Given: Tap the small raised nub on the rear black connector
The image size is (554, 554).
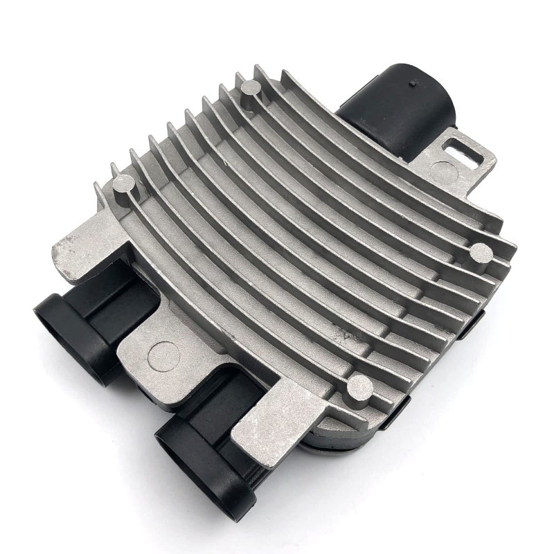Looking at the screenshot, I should [x=413, y=84].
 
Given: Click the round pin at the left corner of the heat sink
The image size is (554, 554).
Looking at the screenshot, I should [x=124, y=183].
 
